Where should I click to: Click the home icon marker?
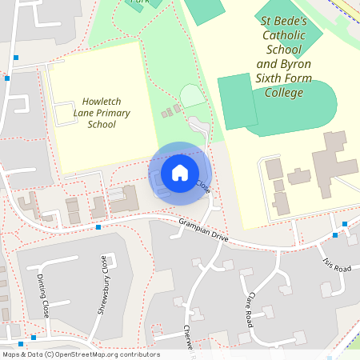pyautogui.click(x=180, y=172)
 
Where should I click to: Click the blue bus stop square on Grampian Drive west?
pyautogui.click(x=98, y=227)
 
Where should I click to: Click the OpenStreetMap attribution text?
pyautogui.click(x=81, y=354)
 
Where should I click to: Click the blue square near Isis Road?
pyautogui.click(x=334, y=235)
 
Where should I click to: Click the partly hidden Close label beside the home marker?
pyautogui.click(x=203, y=187)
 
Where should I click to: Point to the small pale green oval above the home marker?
pyautogui.click(x=192, y=97)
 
